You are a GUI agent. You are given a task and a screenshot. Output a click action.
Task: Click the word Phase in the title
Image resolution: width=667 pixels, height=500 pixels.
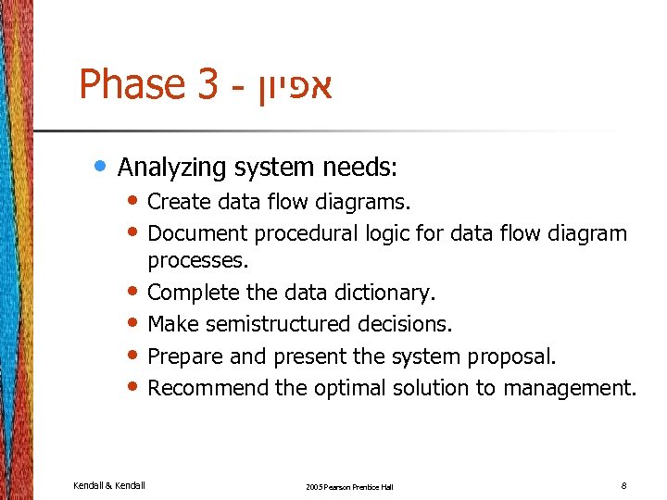133,85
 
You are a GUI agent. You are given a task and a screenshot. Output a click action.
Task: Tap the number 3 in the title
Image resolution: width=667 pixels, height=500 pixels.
207,85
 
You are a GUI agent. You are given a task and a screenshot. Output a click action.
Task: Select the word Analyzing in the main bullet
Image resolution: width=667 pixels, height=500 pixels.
172,168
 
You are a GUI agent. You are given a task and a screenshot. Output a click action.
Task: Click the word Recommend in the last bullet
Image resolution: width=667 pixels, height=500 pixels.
208,387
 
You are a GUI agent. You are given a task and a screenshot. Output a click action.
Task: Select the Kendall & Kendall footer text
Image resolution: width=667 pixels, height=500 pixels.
109,484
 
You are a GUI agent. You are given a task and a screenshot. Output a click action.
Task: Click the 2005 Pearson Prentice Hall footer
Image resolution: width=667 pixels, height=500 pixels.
349,486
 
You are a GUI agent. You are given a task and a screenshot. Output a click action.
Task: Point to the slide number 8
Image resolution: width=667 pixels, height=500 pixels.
624,484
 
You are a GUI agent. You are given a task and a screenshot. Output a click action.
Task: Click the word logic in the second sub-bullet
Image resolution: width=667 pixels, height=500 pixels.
387,232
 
